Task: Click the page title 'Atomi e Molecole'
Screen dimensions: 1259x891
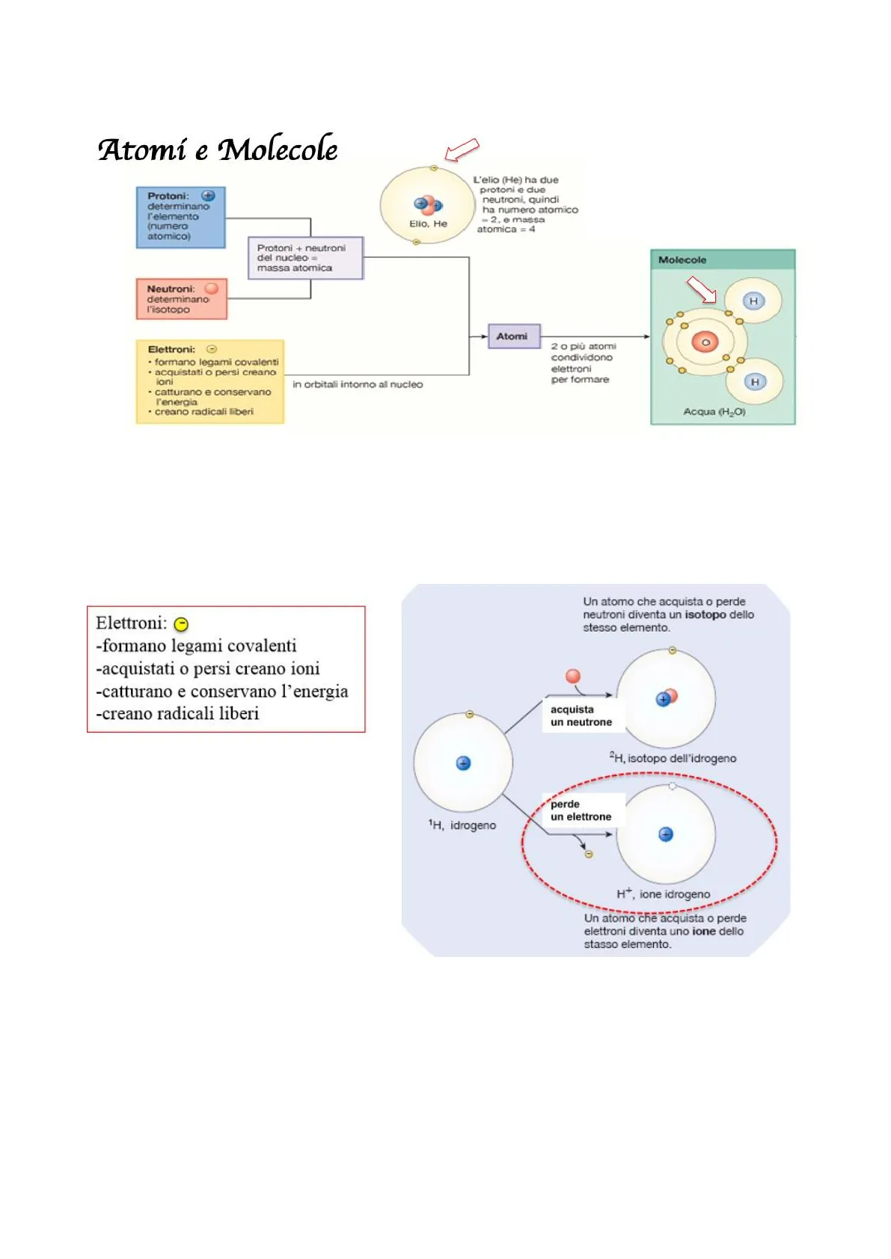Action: (218, 150)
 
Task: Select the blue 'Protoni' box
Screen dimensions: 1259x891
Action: (180, 218)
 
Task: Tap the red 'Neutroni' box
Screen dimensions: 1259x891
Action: (181, 299)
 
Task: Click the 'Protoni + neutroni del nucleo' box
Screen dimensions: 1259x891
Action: (304, 258)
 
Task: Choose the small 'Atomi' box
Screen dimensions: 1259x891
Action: (513, 336)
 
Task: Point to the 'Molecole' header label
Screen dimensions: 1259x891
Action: (682, 260)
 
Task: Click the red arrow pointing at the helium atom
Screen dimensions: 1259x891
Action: (462, 150)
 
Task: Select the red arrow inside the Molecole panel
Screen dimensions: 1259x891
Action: (702, 289)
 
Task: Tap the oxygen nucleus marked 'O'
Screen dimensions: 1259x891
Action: (705, 342)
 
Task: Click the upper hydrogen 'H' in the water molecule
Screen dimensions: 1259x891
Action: (753, 301)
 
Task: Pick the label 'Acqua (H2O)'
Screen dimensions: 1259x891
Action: (714, 412)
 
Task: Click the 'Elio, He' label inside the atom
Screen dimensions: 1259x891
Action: (428, 224)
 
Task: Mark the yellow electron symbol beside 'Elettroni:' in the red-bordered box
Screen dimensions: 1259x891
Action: (181, 624)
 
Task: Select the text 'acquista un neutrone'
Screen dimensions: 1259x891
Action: (581, 715)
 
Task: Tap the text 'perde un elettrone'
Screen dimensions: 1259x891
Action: (581, 810)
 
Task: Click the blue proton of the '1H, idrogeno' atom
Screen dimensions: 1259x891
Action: (463, 763)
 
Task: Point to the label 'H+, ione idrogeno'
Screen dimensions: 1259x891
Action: (664, 894)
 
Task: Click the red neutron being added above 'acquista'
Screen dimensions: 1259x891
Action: (573, 677)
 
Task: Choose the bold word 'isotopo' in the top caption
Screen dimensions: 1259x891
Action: (705, 615)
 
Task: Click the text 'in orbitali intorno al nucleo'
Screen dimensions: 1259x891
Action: (358, 384)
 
